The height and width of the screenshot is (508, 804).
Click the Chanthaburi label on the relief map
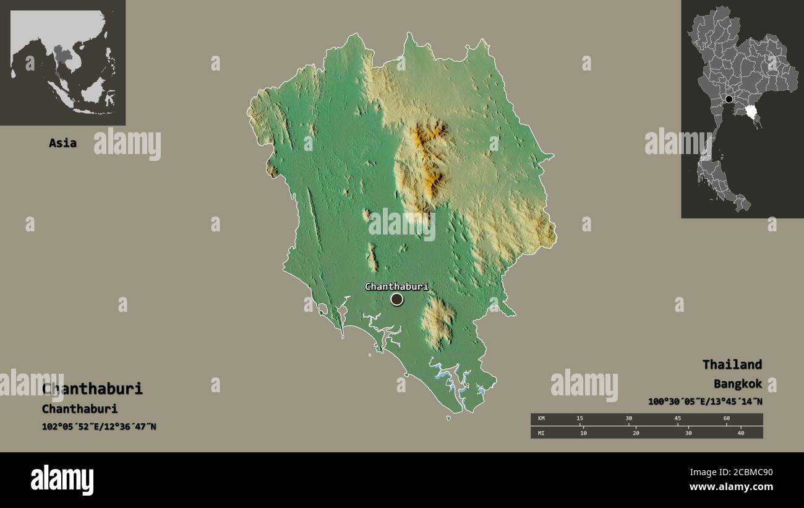tap(396, 286)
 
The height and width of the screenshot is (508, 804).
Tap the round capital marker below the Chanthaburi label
tap(396, 299)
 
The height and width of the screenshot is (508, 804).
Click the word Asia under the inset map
tap(62, 143)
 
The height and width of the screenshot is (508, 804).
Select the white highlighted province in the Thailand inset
tap(752, 112)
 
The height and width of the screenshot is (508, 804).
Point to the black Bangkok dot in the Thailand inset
tap(729, 99)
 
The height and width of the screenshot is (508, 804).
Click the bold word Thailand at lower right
tap(732, 364)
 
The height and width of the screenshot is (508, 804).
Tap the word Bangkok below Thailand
tap(737, 384)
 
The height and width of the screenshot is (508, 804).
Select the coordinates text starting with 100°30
tap(705, 402)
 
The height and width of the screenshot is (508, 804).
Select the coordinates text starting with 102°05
tap(99, 426)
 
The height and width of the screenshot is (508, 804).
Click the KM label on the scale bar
tap(541, 419)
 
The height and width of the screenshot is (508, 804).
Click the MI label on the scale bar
tap(541, 433)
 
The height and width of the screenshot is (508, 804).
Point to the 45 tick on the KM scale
tap(677, 419)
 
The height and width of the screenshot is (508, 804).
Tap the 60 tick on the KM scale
tap(726, 419)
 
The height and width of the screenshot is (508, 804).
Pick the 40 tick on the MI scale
tap(740, 433)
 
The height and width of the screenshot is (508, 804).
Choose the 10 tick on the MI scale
tap(583, 433)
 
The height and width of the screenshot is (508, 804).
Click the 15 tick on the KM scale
tap(579, 419)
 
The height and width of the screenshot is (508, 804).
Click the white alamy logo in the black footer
tap(62, 480)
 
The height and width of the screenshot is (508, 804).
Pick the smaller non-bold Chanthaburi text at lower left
tap(80, 409)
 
